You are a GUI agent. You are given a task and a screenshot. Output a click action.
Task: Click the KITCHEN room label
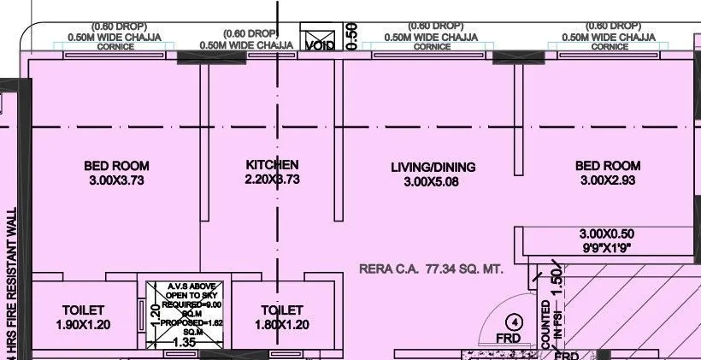(x=272, y=164)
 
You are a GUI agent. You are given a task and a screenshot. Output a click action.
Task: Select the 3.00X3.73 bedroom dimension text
(x=116, y=180)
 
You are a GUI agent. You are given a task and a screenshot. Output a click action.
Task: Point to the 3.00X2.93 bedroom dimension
(x=608, y=180)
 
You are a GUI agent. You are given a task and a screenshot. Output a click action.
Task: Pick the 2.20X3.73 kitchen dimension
(x=272, y=180)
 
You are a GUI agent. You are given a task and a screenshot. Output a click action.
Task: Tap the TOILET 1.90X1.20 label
(x=83, y=316)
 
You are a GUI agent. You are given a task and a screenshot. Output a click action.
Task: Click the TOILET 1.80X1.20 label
(x=281, y=316)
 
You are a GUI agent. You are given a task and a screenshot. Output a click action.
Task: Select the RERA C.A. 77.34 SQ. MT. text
(x=431, y=269)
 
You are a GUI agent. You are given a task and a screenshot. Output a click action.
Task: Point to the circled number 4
(x=514, y=322)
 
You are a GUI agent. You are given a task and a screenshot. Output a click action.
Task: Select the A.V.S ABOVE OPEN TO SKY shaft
(x=186, y=308)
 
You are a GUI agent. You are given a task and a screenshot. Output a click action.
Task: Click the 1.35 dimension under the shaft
(x=185, y=343)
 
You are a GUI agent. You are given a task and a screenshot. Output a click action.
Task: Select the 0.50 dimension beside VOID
(x=351, y=36)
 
